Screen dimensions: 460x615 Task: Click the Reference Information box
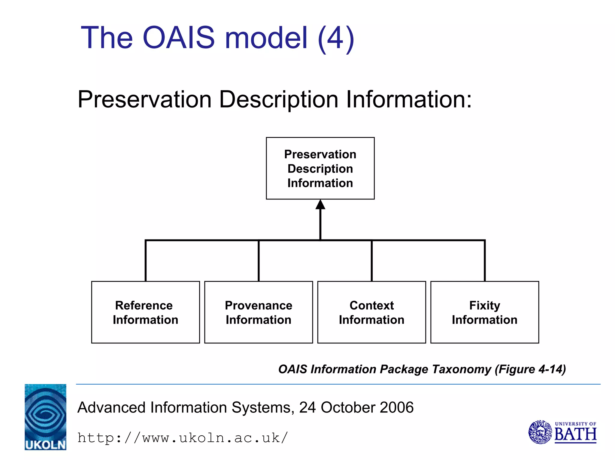click(x=145, y=312)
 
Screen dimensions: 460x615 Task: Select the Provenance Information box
click(x=258, y=312)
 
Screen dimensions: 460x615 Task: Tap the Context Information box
click(x=371, y=312)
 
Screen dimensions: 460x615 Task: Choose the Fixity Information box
click(x=484, y=312)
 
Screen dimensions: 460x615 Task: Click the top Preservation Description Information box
click(x=320, y=168)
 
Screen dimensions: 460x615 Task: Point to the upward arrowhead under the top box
click(x=320, y=205)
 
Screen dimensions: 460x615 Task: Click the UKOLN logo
click(x=45, y=417)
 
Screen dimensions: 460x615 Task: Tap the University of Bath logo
click(x=562, y=432)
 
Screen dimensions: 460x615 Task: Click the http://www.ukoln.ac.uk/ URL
click(x=183, y=438)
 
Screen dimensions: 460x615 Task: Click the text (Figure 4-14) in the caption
click(x=530, y=369)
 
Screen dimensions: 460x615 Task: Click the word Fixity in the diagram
click(x=484, y=305)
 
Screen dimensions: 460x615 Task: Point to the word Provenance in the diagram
click(x=258, y=305)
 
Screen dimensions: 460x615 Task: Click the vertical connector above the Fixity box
click(x=484, y=261)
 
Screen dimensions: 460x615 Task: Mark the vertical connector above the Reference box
click(x=146, y=261)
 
